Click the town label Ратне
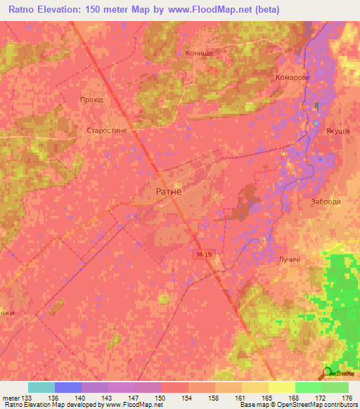point(167,191)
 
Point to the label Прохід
point(91,100)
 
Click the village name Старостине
point(105,131)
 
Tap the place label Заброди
point(326,201)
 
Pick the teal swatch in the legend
point(41,387)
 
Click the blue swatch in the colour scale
point(67,387)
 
